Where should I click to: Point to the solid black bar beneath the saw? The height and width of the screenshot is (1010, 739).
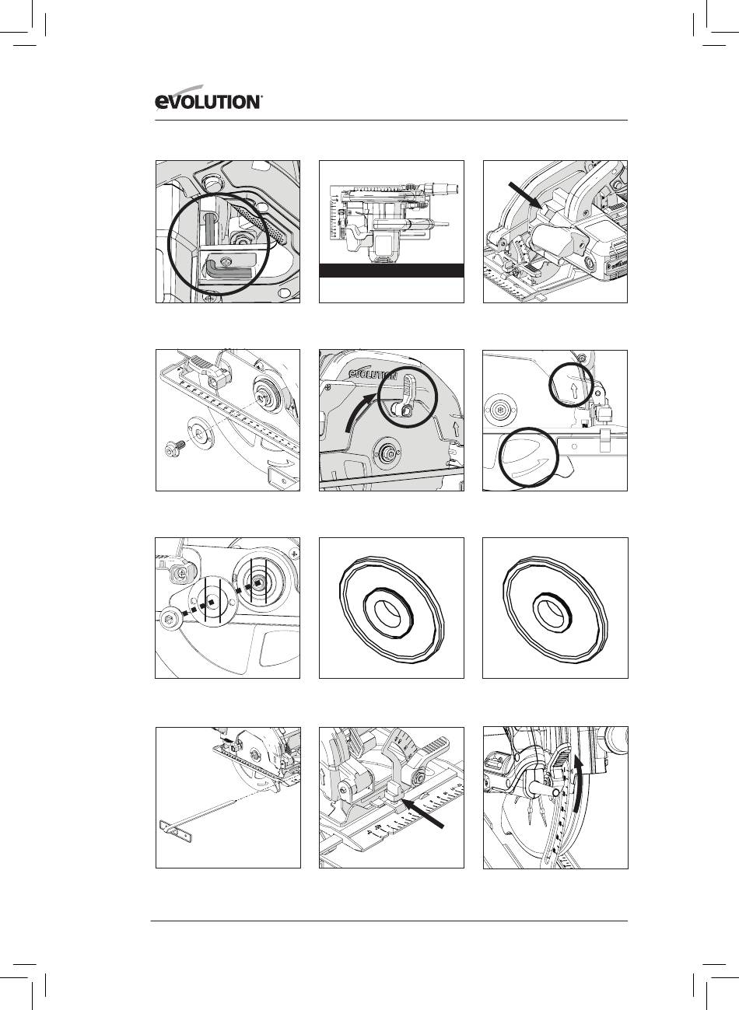391,271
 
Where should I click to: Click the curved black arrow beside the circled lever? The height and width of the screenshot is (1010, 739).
359,411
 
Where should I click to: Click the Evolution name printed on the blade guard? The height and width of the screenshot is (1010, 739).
374,374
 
